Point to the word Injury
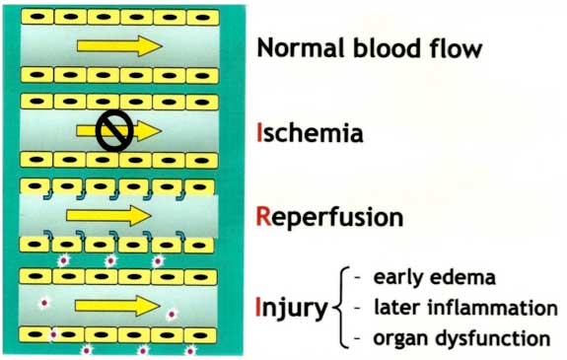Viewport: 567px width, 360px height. [292, 310]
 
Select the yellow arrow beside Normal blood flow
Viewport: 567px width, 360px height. [118, 45]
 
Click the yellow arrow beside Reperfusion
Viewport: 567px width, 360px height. [107, 215]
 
